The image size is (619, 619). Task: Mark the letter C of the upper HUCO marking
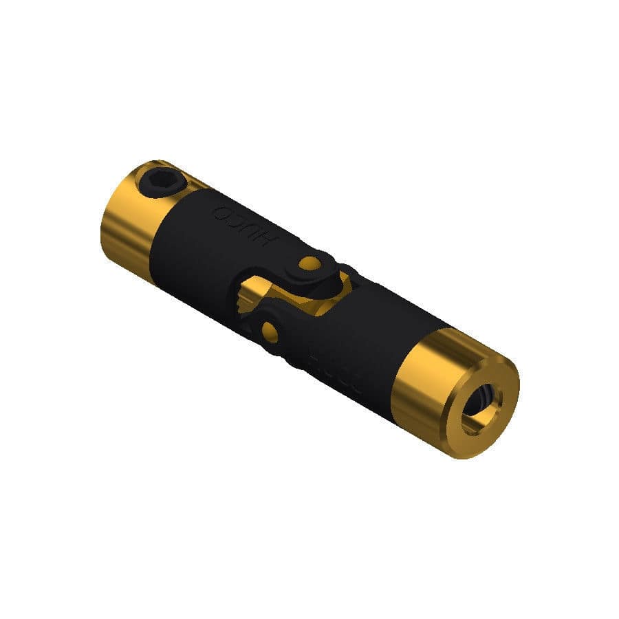coord(239,219)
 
